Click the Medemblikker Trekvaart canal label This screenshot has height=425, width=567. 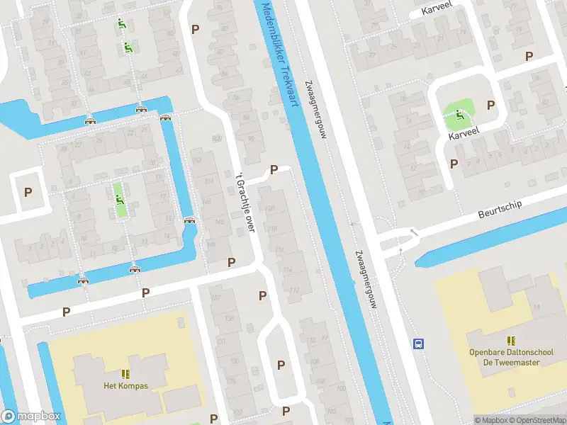click(278, 53)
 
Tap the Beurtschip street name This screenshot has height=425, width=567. click(500, 205)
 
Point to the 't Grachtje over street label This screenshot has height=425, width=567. click(245, 202)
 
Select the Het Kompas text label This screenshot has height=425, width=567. click(125, 386)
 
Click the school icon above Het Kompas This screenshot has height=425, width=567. click(125, 374)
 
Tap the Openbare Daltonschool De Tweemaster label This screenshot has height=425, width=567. click(504, 357)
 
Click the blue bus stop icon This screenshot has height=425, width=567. click(419, 344)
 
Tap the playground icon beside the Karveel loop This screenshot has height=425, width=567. click(459, 114)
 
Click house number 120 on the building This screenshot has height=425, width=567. click(271, 208)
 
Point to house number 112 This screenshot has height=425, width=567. click(296, 289)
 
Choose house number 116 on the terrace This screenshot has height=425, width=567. click(280, 249)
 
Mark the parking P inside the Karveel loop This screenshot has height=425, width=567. click(490, 105)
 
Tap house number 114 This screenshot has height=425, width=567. click(288, 271)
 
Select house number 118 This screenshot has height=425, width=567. click(273, 228)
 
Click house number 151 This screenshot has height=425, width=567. click(208, 182)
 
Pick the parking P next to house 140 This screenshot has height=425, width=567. click(231, 262)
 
